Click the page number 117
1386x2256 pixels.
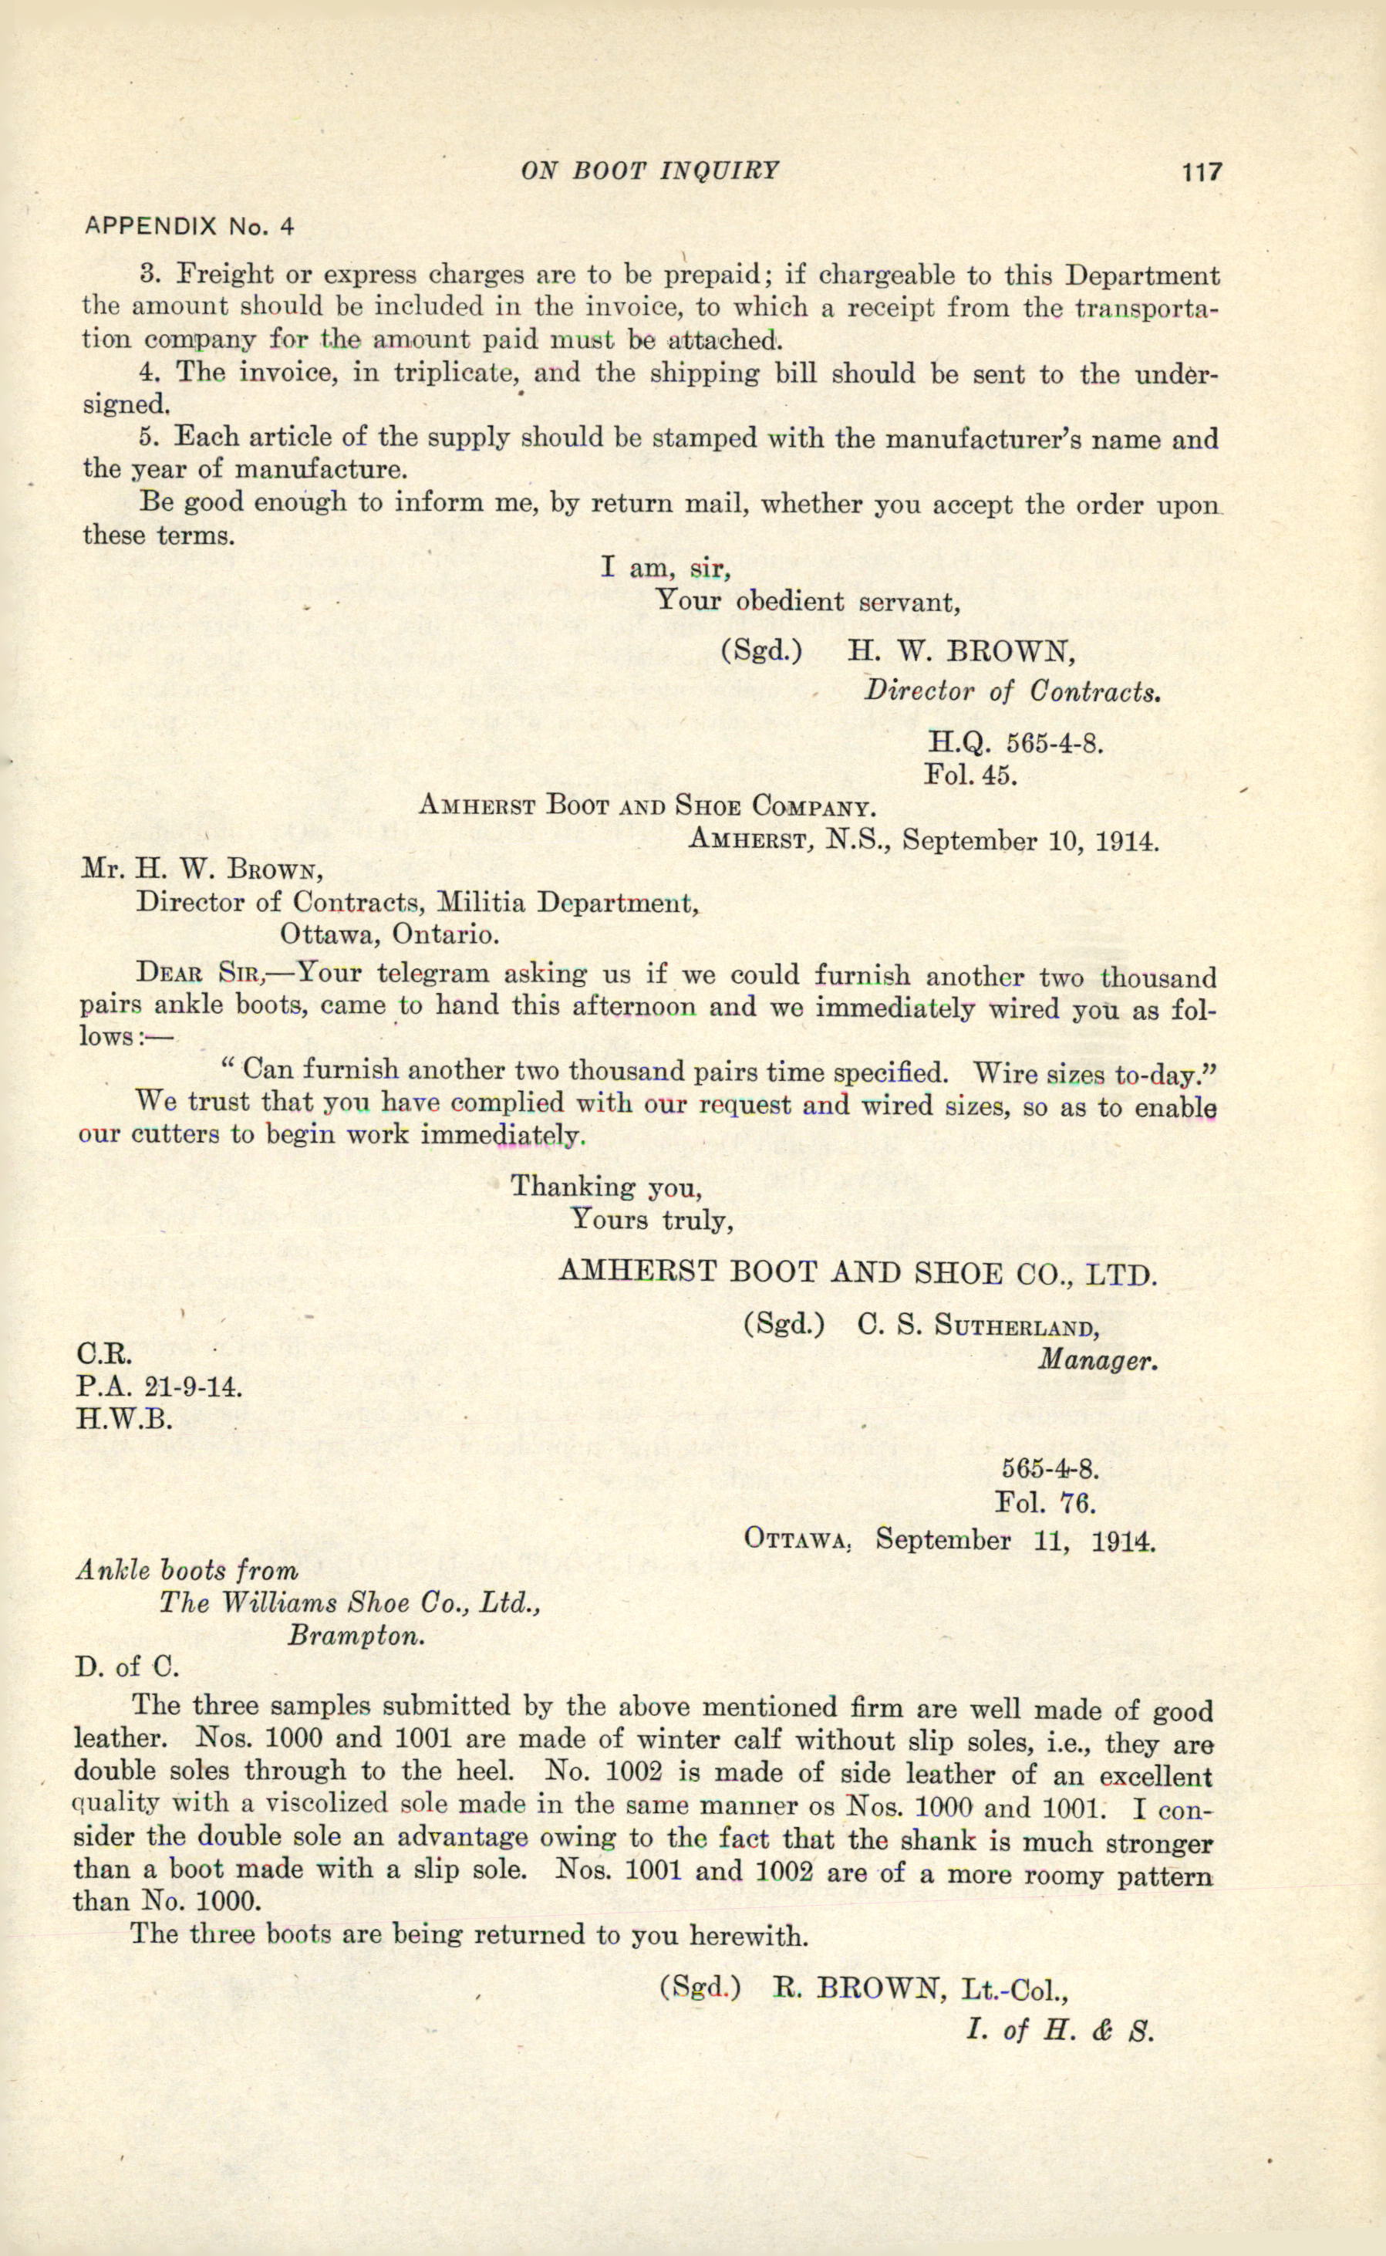1201,171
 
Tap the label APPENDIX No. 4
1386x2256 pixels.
189,225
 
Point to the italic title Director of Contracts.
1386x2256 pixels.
1013,691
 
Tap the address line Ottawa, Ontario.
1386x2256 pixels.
390,935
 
